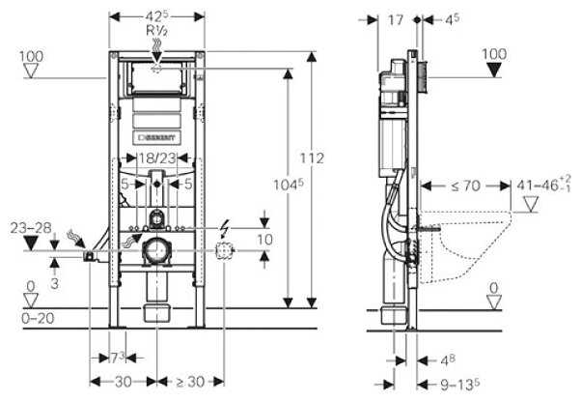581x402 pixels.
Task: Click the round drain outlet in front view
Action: (x=155, y=253)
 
